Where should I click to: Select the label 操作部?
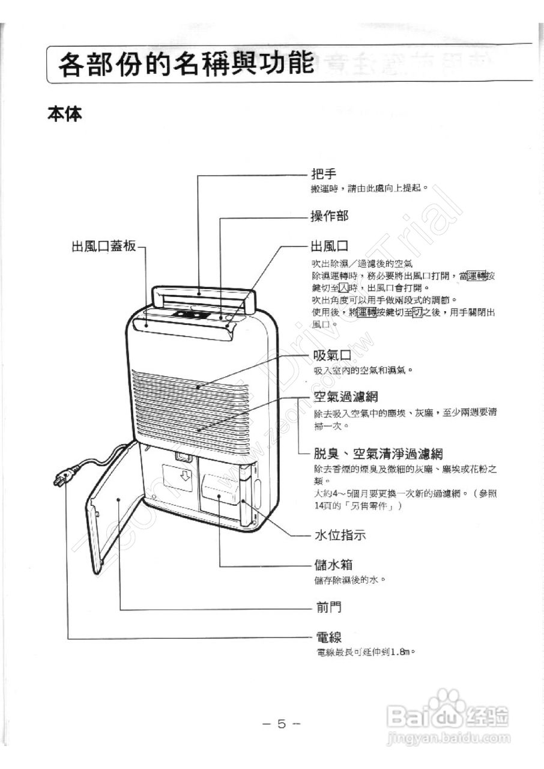click(329, 216)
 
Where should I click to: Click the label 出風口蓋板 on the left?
click(104, 246)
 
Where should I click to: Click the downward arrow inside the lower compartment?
click(185, 476)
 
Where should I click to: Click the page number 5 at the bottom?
click(281, 723)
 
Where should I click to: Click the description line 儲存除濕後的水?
click(349, 580)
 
